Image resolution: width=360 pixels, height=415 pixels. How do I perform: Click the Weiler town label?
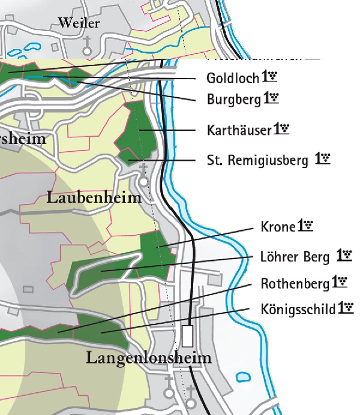78,23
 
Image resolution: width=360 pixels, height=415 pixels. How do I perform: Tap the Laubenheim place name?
94,197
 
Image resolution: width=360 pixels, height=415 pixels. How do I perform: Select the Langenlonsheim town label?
149,359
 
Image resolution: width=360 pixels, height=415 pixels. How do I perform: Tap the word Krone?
278,227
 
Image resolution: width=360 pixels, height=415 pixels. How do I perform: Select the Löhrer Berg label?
295,258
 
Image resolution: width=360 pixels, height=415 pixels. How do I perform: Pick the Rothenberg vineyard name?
295,283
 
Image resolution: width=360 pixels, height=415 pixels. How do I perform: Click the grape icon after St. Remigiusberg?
325,159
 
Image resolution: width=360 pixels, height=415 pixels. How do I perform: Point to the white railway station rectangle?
188,335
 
